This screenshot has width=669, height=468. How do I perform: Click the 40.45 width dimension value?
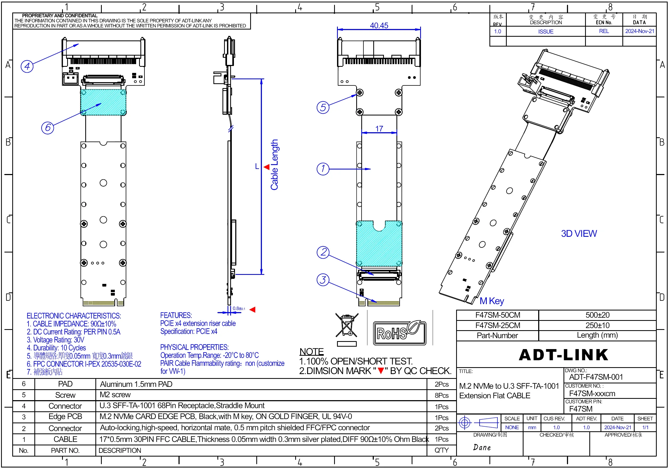[x=379, y=26]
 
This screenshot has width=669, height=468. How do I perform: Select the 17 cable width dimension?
[x=379, y=129]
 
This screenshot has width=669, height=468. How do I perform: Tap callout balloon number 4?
[x=27, y=66]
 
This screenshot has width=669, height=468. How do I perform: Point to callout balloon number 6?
[x=47, y=128]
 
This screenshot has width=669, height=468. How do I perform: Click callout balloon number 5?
[x=323, y=107]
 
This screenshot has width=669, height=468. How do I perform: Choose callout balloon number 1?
[x=323, y=169]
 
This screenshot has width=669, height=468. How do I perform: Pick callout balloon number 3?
[x=323, y=280]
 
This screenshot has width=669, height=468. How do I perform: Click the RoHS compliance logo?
[x=400, y=333]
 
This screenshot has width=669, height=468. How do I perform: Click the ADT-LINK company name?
[x=563, y=355]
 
